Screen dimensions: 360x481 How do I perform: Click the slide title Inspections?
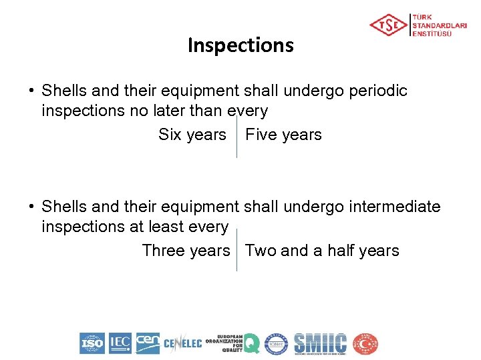pos(240,45)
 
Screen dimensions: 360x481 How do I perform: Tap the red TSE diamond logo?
pos(388,25)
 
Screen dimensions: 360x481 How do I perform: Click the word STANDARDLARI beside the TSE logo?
pos(440,25)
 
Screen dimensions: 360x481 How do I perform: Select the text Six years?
pos(192,135)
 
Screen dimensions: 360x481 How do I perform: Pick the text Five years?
pos(283,135)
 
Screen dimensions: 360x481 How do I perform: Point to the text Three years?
pos(186,251)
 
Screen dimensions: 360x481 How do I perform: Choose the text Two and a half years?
pos(322,251)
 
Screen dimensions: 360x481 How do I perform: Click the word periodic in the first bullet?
pos(377,91)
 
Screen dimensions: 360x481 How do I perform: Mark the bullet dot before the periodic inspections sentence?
pos(31,91)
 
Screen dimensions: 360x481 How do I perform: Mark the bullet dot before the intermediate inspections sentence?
pos(31,207)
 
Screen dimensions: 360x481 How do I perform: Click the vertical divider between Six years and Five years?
pos(236,137)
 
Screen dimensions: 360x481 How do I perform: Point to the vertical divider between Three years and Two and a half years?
pos(236,250)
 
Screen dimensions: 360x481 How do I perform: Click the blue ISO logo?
pos(92,343)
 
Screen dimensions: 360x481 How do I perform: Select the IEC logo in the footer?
pos(120,343)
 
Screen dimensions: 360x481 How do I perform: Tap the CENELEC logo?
pos(182,344)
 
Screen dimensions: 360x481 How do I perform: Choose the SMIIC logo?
pos(321,343)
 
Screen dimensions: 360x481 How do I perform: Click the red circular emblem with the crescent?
pos(365,343)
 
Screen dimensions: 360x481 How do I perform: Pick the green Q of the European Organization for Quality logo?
pos(251,343)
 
